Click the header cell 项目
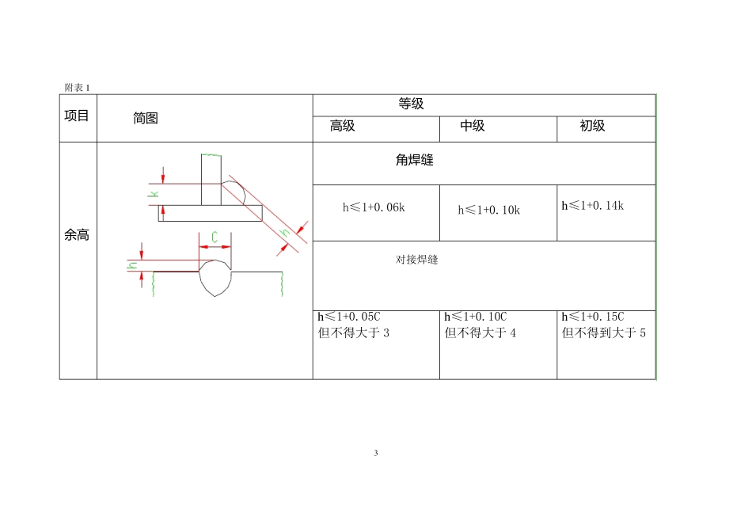coord(77,116)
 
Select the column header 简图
coord(146,118)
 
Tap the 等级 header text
coord(411,104)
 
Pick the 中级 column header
coord(472,126)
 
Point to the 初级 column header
coord(592,126)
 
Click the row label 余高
coord(77,235)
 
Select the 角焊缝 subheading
coord(414,160)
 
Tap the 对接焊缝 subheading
coord(416,259)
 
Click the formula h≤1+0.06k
coord(374,207)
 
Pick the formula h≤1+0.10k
coord(488,210)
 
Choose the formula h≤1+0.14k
coord(593,206)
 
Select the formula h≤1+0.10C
coord(476,317)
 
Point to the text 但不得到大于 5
coord(603,332)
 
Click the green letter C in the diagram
coord(214,236)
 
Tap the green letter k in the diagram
coord(154,192)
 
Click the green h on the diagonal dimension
coord(285,231)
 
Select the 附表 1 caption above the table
coord(77,87)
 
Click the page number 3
coord(376,454)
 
